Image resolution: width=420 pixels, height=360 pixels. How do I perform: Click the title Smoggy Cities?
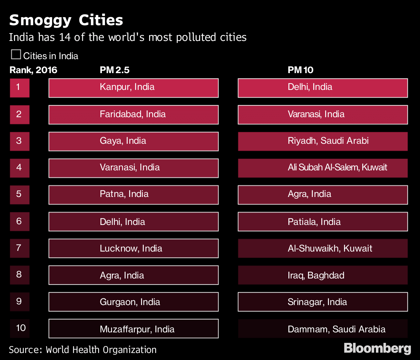coord(66,21)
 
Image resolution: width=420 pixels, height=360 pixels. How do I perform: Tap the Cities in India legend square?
coord(16,55)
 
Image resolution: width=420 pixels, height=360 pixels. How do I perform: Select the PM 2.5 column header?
coord(114,70)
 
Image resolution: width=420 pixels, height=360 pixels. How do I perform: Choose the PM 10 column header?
coord(300,70)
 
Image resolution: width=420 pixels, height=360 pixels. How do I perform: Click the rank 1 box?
coord(20,87)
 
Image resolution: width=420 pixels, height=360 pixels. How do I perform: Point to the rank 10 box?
coord(20,328)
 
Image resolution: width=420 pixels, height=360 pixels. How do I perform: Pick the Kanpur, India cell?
coord(133,87)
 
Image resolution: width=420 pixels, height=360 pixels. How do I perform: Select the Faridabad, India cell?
coord(133,114)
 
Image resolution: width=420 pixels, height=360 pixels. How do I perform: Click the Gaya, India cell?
coord(133,141)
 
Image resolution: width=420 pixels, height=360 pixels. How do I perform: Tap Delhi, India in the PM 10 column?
coord(323,87)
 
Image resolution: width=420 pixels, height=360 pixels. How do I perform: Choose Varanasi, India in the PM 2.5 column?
coord(133,168)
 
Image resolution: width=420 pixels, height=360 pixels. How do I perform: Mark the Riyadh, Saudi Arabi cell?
coord(323,141)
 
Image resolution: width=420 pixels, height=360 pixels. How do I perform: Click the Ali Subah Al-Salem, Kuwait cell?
coord(323,168)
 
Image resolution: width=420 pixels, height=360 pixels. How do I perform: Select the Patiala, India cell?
coord(323,221)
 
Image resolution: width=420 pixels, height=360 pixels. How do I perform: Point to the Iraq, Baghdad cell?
coord(323,275)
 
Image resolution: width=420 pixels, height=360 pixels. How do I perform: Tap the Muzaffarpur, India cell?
coord(133,329)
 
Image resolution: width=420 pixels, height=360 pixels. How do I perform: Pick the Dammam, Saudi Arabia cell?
coord(323,329)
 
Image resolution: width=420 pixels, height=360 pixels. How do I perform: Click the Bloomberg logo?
coord(377,348)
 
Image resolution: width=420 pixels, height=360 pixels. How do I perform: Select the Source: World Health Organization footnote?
coord(83,350)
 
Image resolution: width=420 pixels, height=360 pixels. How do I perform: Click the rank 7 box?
coord(20,248)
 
